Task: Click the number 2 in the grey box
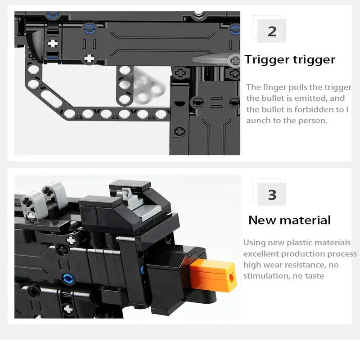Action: (x=272, y=31)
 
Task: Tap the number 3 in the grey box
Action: (x=272, y=195)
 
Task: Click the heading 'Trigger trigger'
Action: (x=290, y=60)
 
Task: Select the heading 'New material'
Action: (x=289, y=220)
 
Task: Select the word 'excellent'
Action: (x=260, y=254)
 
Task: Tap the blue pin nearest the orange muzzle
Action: (x=143, y=270)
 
